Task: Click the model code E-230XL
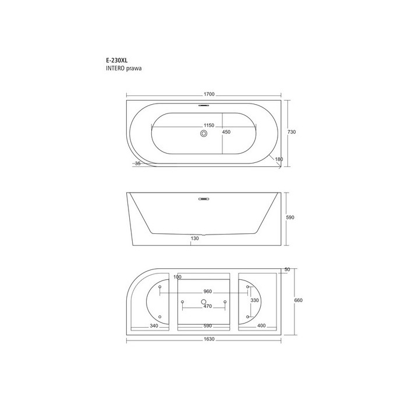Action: (117, 61)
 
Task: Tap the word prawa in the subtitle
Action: (134, 69)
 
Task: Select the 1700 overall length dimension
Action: (209, 94)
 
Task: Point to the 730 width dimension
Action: (292, 132)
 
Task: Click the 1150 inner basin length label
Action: (209, 125)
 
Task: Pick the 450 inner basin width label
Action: (226, 132)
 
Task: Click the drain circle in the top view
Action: (204, 133)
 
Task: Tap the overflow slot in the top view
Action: (204, 105)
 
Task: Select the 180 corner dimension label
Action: (279, 159)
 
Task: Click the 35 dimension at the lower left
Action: (137, 164)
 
